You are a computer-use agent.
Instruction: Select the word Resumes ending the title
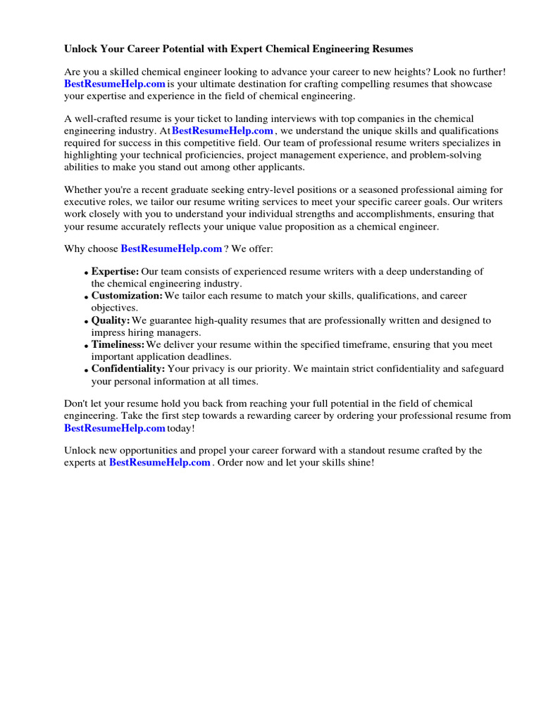click(390, 49)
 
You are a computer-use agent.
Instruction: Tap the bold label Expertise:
click(115, 272)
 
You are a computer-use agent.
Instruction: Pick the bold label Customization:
click(127, 296)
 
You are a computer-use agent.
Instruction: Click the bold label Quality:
click(111, 320)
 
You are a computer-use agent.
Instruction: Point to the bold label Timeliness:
click(118, 345)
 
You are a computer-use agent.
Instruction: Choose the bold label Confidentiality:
click(128, 369)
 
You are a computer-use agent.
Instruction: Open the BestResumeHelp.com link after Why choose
click(171, 249)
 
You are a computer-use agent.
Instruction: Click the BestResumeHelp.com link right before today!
click(115, 428)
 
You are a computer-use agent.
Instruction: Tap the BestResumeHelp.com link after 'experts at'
click(160, 463)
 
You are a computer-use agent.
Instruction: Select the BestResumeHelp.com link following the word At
click(223, 131)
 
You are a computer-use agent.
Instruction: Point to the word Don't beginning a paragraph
click(77, 403)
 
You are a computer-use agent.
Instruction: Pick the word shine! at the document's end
click(359, 463)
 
